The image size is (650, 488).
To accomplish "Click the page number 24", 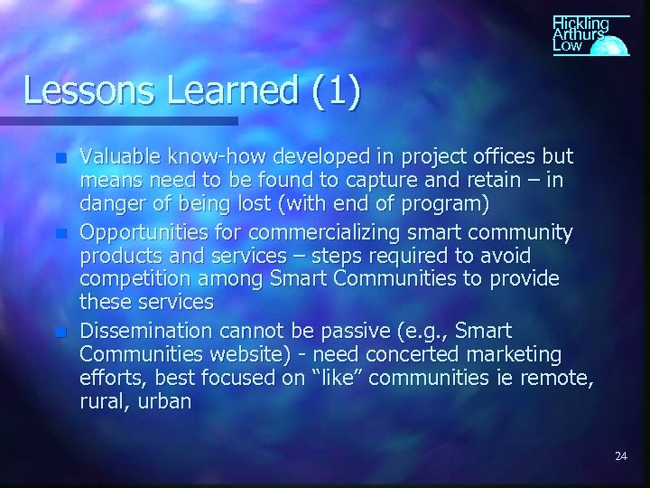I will coord(620,456).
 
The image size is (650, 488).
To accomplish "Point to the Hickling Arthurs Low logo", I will coord(587,36).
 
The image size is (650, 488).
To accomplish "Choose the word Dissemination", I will coord(146,331).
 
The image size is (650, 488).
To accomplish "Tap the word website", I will coord(260,353).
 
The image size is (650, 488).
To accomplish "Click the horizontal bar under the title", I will coord(118,120).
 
